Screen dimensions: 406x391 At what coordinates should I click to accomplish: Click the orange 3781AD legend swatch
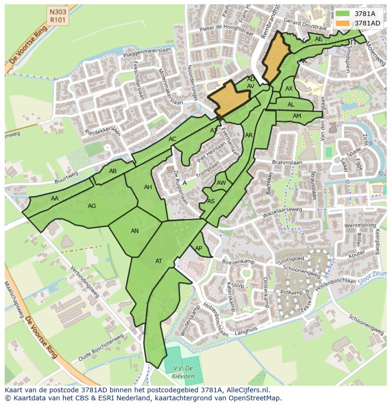point(343,23)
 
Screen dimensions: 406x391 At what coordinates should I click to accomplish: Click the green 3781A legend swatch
point(343,14)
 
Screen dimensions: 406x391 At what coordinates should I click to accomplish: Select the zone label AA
point(55,199)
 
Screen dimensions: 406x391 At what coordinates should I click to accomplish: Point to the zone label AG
point(92,206)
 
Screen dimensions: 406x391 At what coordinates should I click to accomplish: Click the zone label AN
point(135,231)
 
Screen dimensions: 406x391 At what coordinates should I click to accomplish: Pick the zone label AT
point(159,261)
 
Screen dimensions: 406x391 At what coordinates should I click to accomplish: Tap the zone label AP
point(199,249)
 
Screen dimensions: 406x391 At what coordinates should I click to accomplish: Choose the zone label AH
point(148,187)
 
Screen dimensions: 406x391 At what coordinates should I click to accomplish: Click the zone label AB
point(113,171)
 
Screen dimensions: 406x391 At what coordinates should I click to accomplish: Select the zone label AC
point(172,139)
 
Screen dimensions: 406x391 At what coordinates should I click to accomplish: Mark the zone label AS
point(211,201)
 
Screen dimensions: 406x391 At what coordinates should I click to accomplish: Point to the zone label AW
point(221,183)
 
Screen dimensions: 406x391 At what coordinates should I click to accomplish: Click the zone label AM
point(297,116)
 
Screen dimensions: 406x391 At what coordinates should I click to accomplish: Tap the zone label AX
point(289,89)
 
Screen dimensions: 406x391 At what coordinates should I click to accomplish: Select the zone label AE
point(319,39)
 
